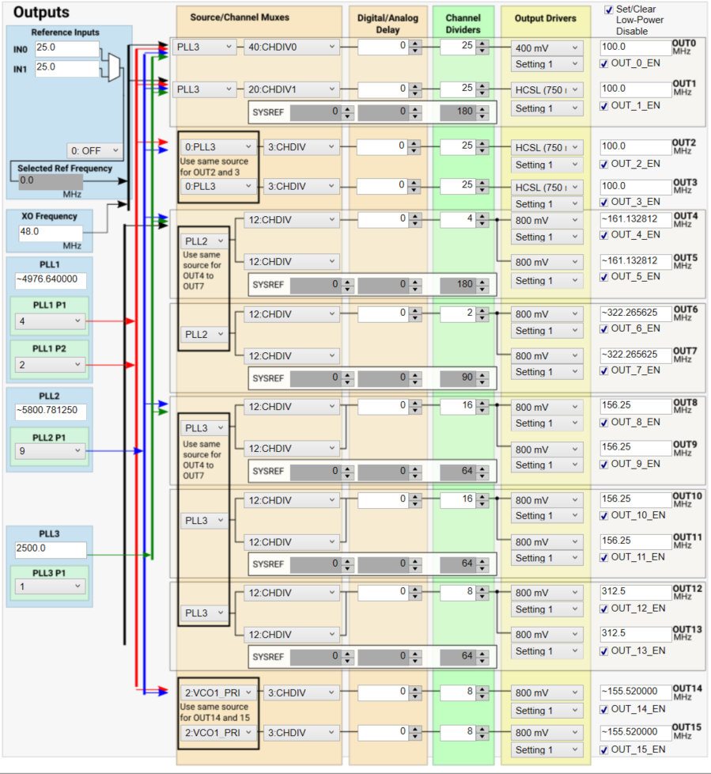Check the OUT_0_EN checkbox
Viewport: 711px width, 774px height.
[605, 64]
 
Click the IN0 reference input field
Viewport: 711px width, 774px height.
[66, 49]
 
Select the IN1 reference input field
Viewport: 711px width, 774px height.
[66, 68]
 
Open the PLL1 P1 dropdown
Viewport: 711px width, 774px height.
[50, 321]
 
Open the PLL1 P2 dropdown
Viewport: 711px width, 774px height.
[50, 365]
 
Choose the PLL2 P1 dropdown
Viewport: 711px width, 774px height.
[50, 450]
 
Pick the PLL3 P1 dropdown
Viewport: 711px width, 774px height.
[50, 586]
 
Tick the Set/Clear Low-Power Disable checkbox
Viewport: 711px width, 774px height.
[609, 9]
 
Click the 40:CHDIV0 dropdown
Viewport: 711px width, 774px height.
[290, 47]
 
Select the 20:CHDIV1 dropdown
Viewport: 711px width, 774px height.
[290, 89]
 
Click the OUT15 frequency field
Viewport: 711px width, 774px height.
[634, 733]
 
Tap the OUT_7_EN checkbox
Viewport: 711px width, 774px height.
[605, 370]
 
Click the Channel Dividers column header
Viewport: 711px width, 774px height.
[463, 24]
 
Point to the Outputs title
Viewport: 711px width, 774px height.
[41, 13]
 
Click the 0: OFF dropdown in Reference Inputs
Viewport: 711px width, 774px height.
[95, 150]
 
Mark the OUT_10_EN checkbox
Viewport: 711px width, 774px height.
[605, 515]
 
